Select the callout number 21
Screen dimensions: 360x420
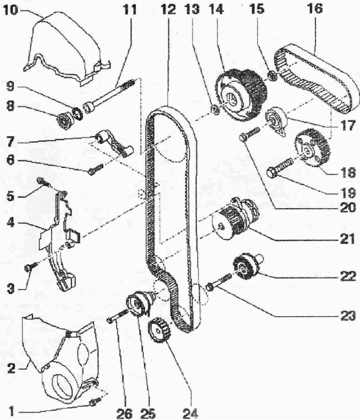point(347,239)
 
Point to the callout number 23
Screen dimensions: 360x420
point(347,316)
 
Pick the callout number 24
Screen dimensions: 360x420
point(190,413)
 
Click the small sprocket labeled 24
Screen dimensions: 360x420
point(160,330)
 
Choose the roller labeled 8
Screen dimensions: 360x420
point(65,121)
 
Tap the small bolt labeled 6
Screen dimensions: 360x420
point(95,169)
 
